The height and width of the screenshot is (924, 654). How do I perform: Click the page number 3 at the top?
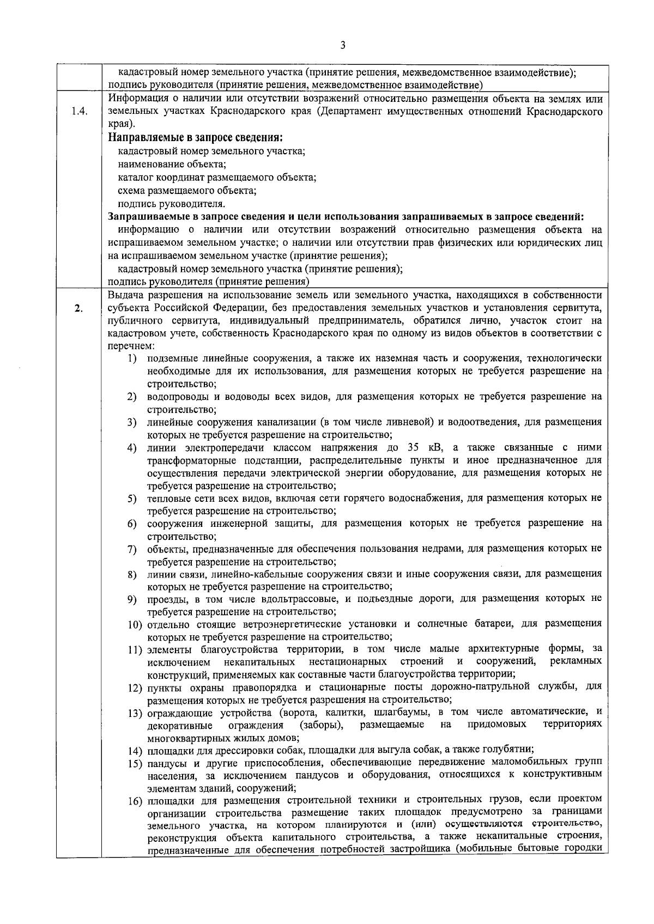342,46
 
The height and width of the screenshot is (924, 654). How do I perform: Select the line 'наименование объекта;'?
172,164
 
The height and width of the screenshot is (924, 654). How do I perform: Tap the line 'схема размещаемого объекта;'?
187,191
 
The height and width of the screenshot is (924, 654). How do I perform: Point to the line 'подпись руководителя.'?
172,204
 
